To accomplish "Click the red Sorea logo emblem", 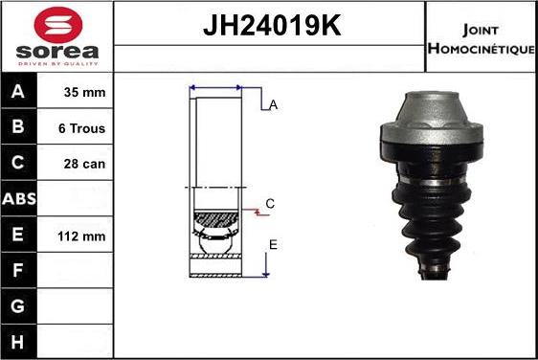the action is pos(58,25).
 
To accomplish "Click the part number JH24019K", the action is pos(272,25).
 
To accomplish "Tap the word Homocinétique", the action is pos(482,49).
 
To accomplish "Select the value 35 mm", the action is pos(84,92).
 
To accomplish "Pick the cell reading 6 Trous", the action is pos(81,128).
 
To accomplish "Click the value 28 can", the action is pos(84,164).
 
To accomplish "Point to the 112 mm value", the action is pos(81,236).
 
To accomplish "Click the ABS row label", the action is pos(19,199).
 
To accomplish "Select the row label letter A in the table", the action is pos(18,91).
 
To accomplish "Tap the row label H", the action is pos(18,342).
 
